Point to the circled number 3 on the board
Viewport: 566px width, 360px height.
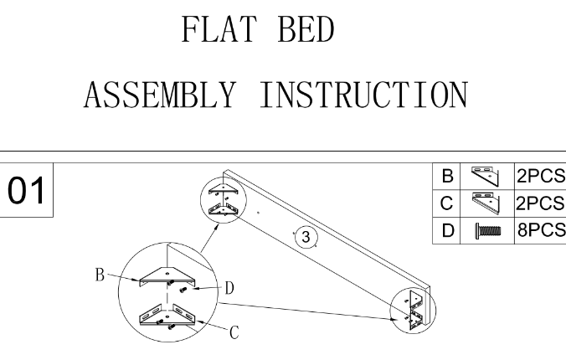pyautogui.click(x=306, y=237)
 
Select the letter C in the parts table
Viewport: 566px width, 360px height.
pyautogui.click(x=447, y=203)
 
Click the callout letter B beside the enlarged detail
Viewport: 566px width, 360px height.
pyautogui.click(x=100, y=273)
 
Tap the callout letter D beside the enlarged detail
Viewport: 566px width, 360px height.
pyautogui.click(x=228, y=287)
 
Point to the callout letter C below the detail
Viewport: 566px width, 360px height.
pyautogui.click(x=234, y=332)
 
